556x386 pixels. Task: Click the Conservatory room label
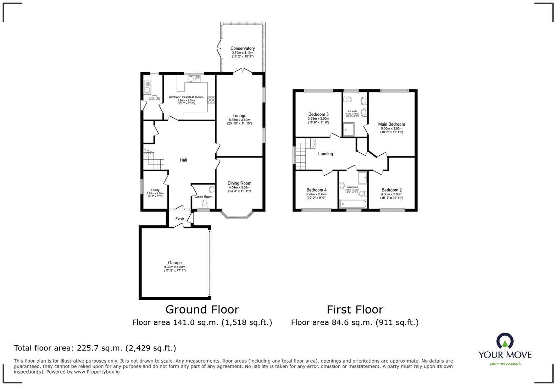243,49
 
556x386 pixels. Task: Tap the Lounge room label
239,116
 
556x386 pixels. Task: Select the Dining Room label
239,183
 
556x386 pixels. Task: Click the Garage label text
175,263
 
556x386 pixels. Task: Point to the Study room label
155,190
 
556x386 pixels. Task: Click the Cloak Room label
204,197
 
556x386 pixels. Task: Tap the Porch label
180,219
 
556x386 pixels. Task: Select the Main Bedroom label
391,124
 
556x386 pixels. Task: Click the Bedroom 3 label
318,114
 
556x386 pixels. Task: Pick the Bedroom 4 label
316,190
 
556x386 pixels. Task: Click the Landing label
325,154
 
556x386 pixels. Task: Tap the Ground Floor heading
202,310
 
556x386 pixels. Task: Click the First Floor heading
355,310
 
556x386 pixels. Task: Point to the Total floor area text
95,348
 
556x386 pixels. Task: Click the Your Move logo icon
505,341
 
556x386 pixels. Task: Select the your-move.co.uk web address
505,364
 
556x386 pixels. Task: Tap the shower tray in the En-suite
349,129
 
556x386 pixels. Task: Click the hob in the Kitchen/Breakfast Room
212,100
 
